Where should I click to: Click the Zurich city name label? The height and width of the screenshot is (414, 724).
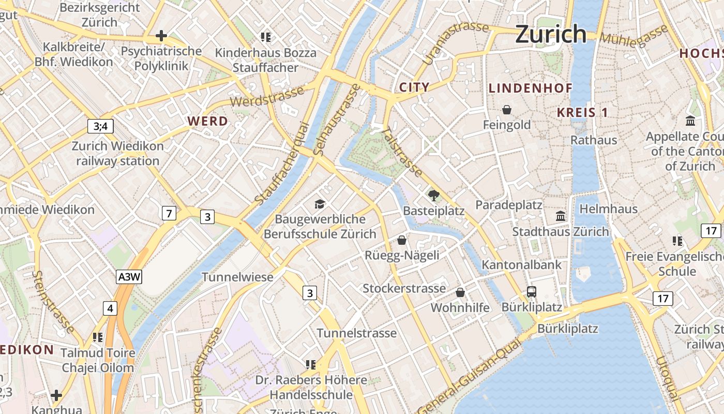pos(551,34)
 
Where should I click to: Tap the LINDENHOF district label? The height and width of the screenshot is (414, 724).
pos(531,88)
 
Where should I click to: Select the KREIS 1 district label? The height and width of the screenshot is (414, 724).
pos(583,112)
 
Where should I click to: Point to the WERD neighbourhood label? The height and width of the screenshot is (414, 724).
pos(207,121)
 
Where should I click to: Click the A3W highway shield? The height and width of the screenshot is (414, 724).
pos(129,277)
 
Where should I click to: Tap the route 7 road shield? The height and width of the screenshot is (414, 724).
pos(169,213)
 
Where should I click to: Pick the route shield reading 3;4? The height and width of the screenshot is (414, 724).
pos(100,126)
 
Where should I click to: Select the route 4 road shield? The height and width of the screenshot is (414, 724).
pos(110,309)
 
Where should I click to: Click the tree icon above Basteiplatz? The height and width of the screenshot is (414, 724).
pos(433,195)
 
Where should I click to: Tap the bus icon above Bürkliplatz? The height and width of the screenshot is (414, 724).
pos(532,291)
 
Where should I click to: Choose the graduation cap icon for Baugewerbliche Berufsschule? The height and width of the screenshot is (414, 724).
pos(319,204)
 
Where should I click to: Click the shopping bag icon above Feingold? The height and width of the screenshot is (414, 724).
pos(507,110)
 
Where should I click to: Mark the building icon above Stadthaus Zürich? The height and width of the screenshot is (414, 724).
pos(561,216)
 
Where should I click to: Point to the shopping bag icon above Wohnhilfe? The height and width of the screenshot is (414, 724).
pos(460,292)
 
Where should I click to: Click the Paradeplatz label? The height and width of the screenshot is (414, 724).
pos(509,205)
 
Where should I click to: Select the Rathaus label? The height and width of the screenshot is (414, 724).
pos(594,140)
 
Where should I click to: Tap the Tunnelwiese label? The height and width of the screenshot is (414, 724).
pos(237,277)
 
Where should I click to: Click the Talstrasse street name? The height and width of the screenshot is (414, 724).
pos(402,152)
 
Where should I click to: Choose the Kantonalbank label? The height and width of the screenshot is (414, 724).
pos(521,264)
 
